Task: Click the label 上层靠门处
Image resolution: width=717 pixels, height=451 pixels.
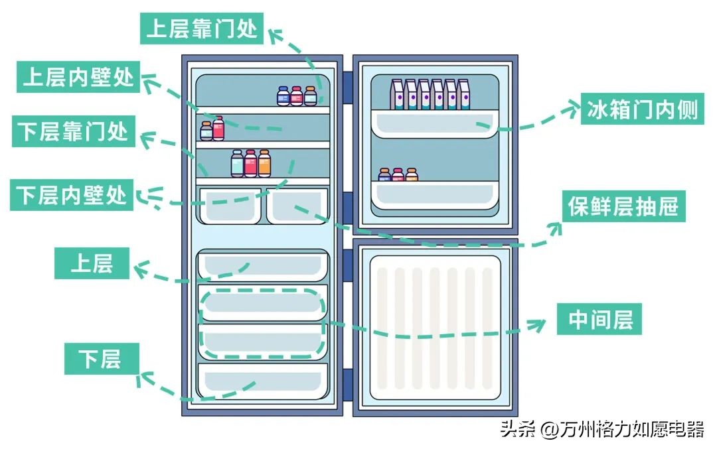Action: click(x=202, y=29)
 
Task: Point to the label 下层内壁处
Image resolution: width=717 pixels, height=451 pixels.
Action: click(x=71, y=195)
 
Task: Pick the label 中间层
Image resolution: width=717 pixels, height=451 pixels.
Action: click(x=600, y=320)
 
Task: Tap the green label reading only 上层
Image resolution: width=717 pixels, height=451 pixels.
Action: click(x=92, y=263)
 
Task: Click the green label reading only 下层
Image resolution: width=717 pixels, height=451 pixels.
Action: click(x=101, y=359)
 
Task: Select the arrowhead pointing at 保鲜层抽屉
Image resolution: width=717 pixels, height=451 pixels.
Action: click(x=555, y=227)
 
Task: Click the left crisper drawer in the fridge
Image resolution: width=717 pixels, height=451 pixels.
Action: click(x=230, y=206)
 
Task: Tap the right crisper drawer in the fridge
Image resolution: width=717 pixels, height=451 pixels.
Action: click(x=297, y=206)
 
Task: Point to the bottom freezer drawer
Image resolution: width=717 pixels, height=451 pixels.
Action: click(x=263, y=381)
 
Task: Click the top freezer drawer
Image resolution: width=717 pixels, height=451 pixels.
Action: click(x=263, y=265)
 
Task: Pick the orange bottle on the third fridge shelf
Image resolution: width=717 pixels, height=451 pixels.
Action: click(x=264, y=164)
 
